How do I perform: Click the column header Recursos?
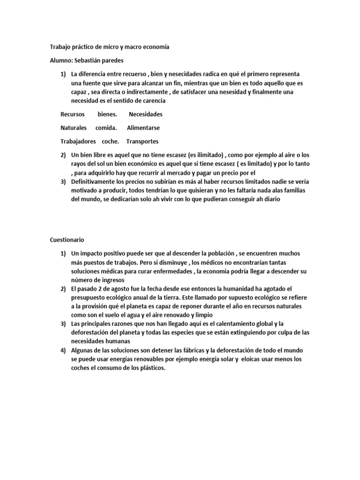[73, 114]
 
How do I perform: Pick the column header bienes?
[107, 114]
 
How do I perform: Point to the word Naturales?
[74, 127]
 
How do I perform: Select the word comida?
[106, 127]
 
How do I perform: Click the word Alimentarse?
[143, 127]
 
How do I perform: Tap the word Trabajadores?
[78, 141]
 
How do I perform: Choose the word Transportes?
[142, 141]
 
